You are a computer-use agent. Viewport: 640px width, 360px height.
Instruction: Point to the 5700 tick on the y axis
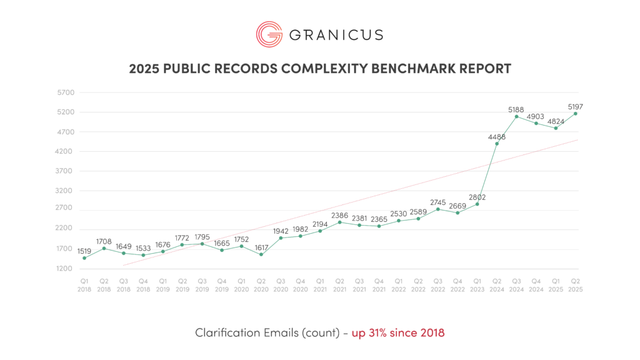[66, 92]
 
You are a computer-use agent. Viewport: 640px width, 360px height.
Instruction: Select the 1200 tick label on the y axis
[66, 269]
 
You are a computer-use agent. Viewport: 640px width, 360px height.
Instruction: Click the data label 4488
[496, 137]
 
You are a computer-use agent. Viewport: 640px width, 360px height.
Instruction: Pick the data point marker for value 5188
[516, 116]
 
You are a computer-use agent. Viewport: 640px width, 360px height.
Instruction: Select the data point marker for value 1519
[84, 257]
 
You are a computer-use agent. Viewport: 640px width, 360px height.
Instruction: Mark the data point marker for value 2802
[477, 204]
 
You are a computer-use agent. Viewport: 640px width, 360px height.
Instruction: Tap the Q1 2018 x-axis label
[84, 285]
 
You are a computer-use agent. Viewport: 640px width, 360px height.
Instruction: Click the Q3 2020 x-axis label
[281, 285]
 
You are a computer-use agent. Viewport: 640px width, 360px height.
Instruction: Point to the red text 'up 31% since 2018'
[399, 332]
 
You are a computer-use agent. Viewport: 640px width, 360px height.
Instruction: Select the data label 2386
[339, 216]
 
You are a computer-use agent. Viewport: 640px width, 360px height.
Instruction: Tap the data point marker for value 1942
[281, 237]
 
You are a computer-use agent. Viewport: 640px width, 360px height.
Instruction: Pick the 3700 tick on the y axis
[66, 171]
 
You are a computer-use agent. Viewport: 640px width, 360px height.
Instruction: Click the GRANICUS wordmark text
[335, 34]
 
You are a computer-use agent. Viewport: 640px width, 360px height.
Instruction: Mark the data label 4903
[536, 117]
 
